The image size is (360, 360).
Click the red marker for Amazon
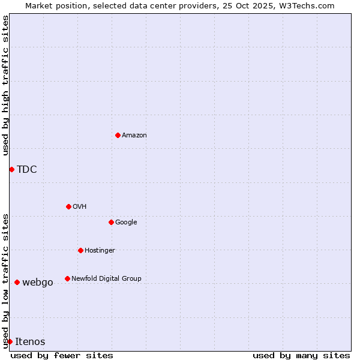118,135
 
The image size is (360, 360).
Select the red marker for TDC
11,169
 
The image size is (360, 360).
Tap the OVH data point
68,206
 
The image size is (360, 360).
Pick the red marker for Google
111,222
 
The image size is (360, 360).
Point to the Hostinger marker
80,250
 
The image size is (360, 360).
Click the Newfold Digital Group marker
67,278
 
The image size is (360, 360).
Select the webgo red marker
17,282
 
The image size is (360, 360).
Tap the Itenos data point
10,341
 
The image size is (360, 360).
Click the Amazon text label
134,136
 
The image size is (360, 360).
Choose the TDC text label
27,170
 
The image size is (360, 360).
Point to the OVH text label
80,207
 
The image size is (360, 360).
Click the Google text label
126,223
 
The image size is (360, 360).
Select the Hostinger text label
100,251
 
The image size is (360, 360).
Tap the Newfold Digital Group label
106,278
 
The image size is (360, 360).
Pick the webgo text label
38,283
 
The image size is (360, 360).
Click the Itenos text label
30,342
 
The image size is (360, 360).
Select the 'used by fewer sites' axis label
62,355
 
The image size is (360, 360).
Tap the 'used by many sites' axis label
301,355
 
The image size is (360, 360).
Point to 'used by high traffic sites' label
6,85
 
